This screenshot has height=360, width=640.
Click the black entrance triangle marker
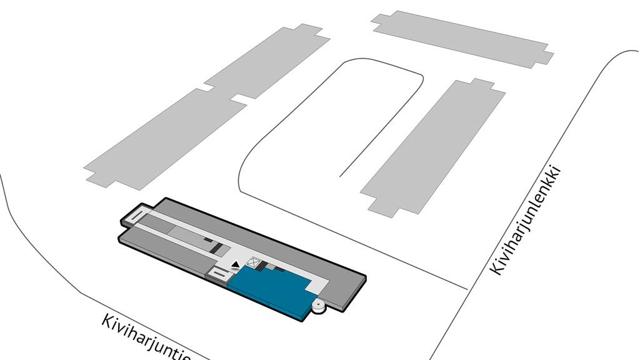coord(235,265)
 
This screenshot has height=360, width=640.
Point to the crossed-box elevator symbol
coord(254,263)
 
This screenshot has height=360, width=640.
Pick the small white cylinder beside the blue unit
coord(318,306)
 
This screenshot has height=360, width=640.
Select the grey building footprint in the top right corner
coord(462,38)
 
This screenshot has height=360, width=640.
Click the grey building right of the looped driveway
coord(432,147)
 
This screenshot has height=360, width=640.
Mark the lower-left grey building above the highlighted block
coord(165,139)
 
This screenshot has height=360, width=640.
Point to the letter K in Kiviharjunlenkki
coord(496,268)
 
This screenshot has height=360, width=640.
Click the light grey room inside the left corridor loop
coord(192,237)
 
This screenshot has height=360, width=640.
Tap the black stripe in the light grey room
coord(215,247)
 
